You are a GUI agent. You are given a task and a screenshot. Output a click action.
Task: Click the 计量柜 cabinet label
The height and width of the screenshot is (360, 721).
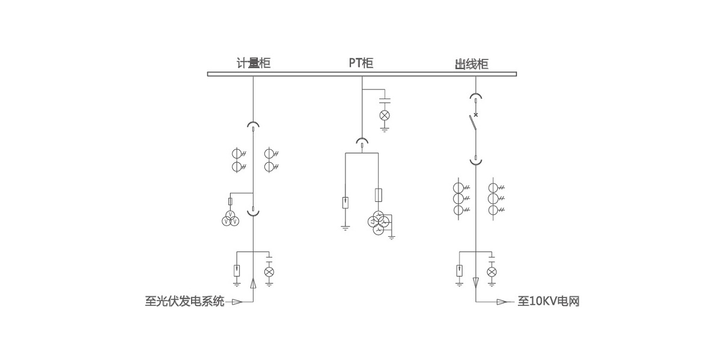(253, 63)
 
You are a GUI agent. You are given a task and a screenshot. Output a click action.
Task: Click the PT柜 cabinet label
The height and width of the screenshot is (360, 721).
(361, 63)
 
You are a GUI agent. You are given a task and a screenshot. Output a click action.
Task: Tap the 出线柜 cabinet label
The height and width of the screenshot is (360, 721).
(472, 64)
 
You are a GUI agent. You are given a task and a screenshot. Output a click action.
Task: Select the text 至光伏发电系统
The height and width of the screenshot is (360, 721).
(184, 301)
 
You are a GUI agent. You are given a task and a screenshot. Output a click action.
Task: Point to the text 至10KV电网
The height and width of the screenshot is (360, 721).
(548, 301)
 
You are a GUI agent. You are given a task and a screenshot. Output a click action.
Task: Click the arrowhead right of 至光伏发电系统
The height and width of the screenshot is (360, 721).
(237, 302)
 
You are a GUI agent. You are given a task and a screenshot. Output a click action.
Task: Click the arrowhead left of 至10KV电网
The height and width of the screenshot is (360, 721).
(502, 302)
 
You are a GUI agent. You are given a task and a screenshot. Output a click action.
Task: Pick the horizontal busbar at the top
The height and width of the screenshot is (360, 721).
(362, 74)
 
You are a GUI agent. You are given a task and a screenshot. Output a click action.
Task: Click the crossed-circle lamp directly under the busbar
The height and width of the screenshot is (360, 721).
(385, 115)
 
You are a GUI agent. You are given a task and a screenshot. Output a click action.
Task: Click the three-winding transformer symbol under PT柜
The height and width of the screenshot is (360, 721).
(379, 223)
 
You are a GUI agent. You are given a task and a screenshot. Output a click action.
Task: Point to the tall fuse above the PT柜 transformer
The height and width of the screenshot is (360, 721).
(379, 195)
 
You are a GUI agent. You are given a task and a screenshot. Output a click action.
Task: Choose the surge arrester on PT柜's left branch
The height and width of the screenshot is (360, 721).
(345, 203)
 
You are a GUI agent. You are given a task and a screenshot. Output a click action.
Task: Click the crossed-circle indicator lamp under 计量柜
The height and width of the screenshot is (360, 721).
(269, 272)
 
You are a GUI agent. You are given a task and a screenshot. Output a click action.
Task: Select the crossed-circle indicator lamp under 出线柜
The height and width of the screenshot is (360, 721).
(492, 272)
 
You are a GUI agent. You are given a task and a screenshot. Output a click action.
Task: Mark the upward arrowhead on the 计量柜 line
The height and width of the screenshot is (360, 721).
(253, 284)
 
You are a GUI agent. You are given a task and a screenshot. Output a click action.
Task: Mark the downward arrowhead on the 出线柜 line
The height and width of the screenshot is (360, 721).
(476, 281)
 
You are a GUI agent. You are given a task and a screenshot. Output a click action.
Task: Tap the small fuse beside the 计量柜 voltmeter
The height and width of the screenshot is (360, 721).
(231, 201)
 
